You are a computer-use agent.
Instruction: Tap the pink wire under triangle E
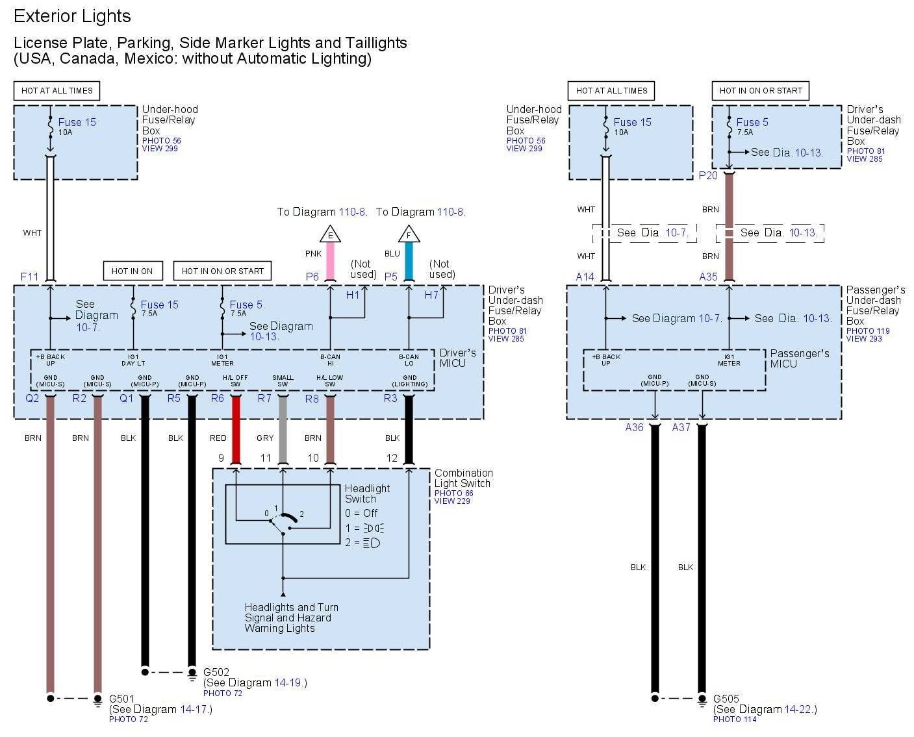click(x=330, y=260)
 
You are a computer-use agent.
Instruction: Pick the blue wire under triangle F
click(x=409, y=260)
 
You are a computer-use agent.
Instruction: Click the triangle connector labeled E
click(x=330, y=234)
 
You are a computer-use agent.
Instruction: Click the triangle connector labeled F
click(x=409, y=234)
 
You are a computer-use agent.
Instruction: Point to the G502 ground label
click(x=216, y=672)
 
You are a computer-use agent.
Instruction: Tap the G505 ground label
click(x=726, y=699)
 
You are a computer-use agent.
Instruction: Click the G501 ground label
click(x=121, y=699)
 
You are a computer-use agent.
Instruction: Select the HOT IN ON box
click(x=132, y=271)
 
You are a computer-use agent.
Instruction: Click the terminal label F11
click(x=30, y=277)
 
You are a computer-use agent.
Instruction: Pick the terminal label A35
click(x=708, y=277)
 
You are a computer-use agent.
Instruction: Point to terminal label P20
click(x=708, y=175)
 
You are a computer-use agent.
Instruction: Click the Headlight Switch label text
click(x=367, y=493)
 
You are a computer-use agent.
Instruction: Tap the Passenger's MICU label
click(x=799, y=358)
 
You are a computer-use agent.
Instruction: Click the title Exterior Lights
click(x=72, y=16)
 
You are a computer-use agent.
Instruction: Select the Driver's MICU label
click(x=457, y=358)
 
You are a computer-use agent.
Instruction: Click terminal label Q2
click(x=32, y=398)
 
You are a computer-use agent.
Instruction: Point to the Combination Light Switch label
click(x=463, y=478)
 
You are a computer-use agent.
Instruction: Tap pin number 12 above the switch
click(x=392, y=458)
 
